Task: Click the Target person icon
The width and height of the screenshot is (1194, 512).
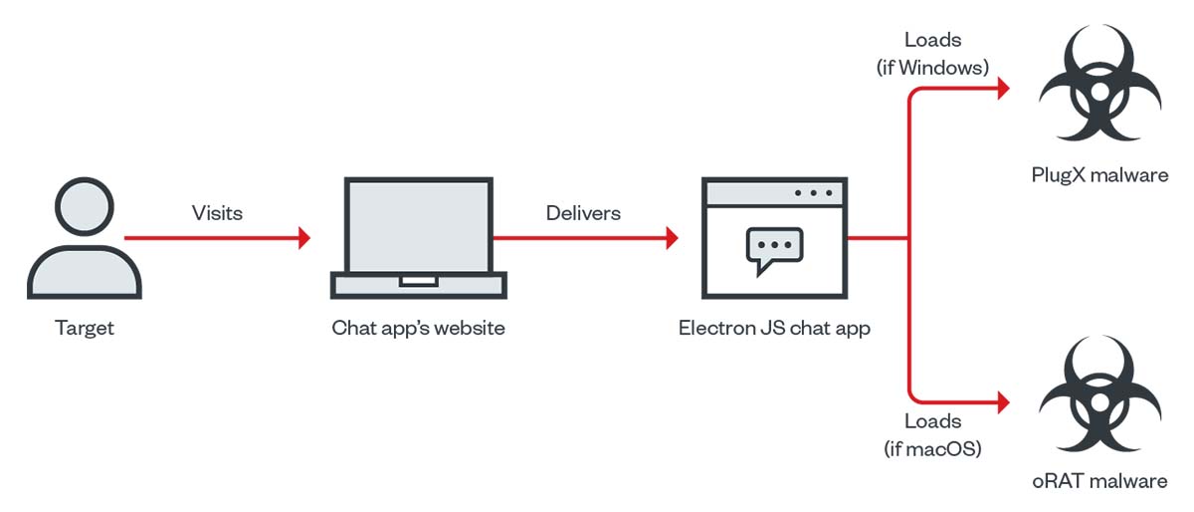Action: point(84,244)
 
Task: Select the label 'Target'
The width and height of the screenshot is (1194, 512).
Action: point(85,328)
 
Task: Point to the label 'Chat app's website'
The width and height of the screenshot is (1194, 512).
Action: point(418,328)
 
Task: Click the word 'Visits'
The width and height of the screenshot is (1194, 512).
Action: point(217,212)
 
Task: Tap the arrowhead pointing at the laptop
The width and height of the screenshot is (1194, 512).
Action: point(303,238)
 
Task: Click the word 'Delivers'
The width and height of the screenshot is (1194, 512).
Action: point(583,212)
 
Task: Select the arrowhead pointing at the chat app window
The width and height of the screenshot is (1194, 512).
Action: point(672,238)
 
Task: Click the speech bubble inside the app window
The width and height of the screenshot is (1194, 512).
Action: point(773,249)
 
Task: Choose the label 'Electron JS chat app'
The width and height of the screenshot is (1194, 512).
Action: point(775,328)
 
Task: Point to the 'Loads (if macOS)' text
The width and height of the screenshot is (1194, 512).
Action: point(932,434)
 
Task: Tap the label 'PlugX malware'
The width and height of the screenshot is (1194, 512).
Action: point(1099,175)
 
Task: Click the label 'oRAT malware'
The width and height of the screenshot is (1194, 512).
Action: point(1099,482)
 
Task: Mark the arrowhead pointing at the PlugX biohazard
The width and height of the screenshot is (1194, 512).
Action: point(1003,89)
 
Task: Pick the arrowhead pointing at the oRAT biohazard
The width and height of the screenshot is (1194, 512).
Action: point(1003,402)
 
